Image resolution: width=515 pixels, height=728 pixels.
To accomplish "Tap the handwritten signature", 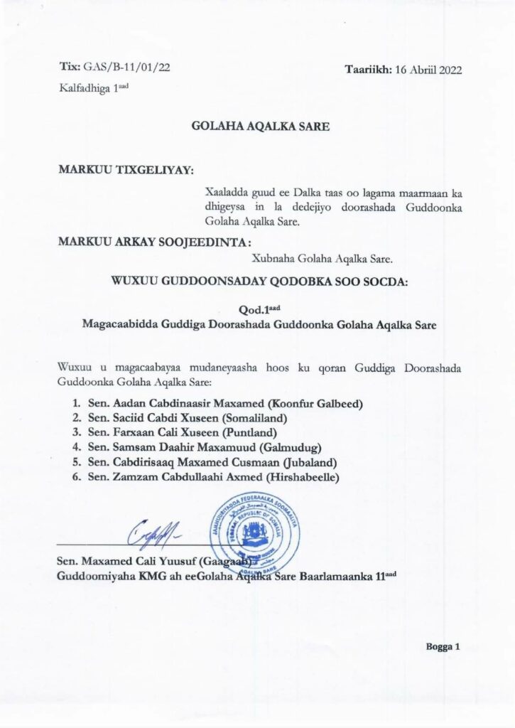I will pos(151,532).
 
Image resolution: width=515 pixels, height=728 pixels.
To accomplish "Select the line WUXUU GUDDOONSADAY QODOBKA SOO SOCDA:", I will pos(259,281).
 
